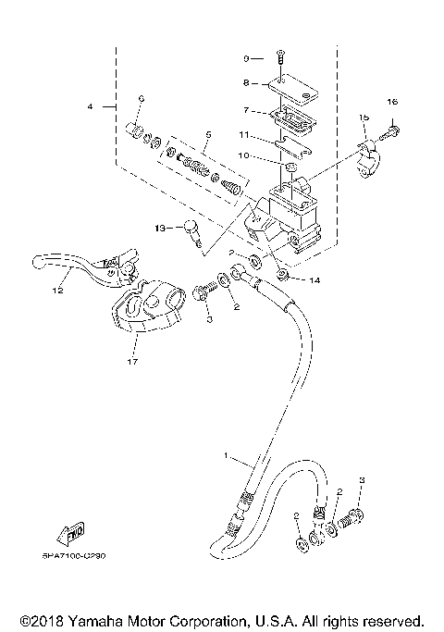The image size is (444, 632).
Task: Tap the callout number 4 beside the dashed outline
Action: point(91,107)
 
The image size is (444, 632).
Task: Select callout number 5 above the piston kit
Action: point(208,134)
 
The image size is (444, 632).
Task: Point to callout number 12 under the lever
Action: point(57,291)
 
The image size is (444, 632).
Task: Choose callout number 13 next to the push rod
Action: point(159,227)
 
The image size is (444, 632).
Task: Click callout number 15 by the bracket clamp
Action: point(364,118)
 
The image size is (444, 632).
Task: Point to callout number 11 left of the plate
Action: point(242,134)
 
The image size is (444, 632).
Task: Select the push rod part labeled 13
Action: point(192,230)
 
